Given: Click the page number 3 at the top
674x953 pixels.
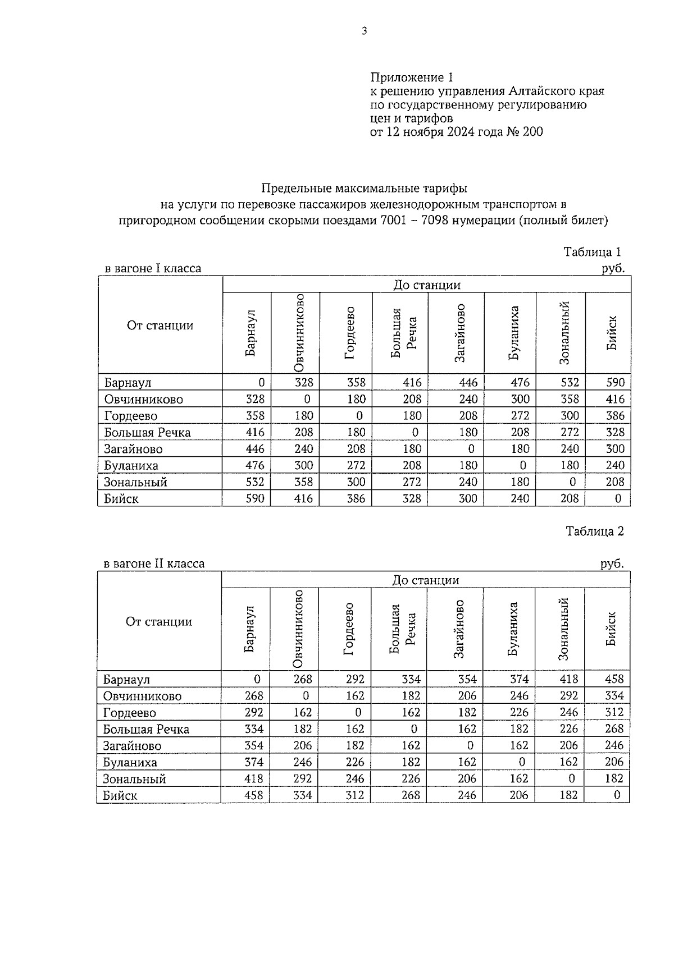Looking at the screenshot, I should click(364, 31).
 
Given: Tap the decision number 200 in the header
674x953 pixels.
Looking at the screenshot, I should click(532, 132).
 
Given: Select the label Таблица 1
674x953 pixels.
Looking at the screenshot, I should click(593, 252).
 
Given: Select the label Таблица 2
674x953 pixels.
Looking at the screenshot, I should click(594, 531).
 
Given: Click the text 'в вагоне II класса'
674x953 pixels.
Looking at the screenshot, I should click(154, 563).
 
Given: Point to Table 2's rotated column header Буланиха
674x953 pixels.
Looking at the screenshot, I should click(512, 629).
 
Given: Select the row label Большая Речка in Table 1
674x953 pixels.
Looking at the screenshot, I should click(147, 433).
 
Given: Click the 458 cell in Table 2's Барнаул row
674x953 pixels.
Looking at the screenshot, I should click(614, 679).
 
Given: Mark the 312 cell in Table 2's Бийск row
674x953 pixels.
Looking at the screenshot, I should click(355, 795).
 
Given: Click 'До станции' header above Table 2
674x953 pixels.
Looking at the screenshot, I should click(425, 580).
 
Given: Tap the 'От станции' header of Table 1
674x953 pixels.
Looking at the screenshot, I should click(160, 326).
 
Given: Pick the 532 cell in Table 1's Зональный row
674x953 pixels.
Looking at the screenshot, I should click(254, 482).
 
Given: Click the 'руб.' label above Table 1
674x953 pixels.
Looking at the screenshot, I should click(613, 269).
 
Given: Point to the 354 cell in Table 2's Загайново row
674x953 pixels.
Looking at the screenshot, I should click(254, 745).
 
